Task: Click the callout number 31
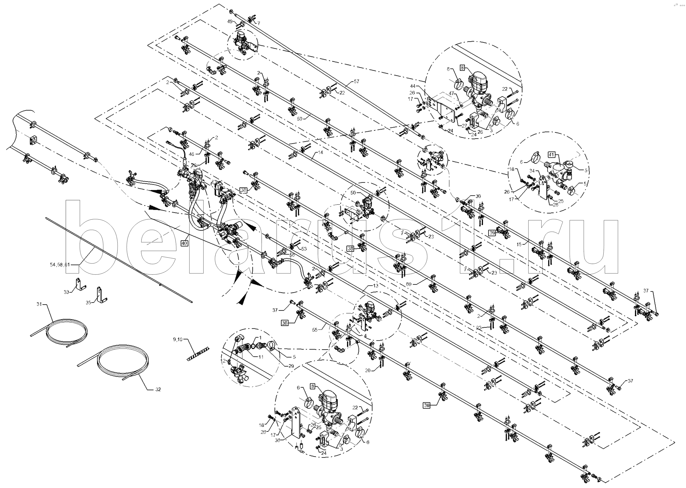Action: tap(39, 304)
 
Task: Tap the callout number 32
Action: tap(158, 390)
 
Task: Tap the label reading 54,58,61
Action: tap(60, 265)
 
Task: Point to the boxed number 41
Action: tap(551, 155)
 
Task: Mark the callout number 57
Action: tap(356, 81)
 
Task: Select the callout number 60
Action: tap(409, 284)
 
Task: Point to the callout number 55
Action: tap(315, 330)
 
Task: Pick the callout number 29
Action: tap(291, 366)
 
